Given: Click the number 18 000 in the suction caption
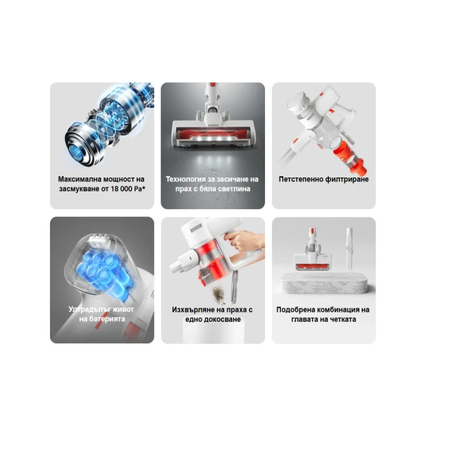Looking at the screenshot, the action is pos(122,189).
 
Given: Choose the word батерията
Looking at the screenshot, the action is pos(107,319).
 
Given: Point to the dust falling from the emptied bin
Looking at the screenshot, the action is pos(219,293).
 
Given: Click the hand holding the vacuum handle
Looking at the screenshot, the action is pos(246,241).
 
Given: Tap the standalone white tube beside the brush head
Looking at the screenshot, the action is pos(349,249).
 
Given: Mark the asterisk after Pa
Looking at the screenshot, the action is pos(143,188).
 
